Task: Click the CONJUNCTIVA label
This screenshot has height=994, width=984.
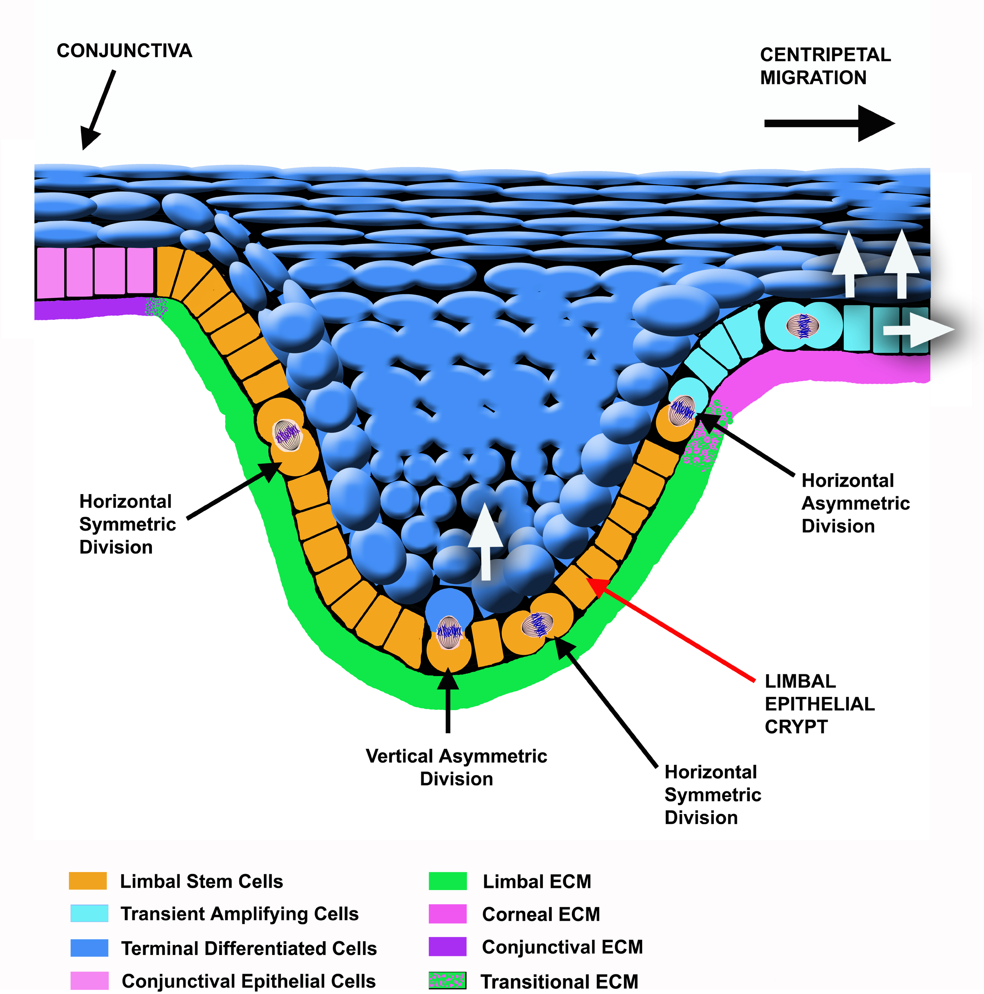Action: point(124,51)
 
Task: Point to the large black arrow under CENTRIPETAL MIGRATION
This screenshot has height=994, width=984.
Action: point(829,124)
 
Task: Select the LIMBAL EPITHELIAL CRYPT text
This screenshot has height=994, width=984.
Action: point(819,704)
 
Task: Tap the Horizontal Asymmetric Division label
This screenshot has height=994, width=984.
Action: point(855,503)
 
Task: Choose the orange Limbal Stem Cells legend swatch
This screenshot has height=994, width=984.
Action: point(88,881)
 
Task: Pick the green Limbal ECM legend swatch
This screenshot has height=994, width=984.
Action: point(448,881)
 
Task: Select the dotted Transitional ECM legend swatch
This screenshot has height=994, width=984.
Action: point(448,981)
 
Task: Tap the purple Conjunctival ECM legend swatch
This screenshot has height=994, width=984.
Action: point(448,947)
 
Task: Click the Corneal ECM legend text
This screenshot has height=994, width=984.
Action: point(541,914)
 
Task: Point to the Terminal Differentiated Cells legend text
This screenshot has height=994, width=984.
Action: point(249,948)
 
